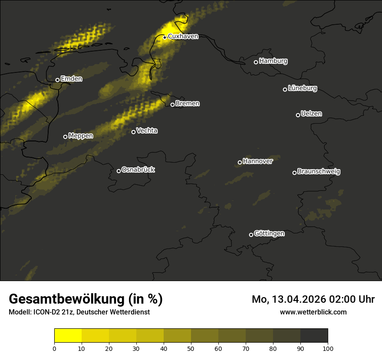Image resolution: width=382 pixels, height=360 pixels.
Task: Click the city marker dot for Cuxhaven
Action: click(165, 37)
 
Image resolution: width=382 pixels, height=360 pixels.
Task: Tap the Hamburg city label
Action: click(273, 61)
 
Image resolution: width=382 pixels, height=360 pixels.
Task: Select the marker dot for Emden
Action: click(57, 80)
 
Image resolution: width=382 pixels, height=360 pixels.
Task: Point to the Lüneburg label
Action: click(302, 88)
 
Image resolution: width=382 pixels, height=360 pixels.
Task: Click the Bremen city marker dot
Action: click(172, 105)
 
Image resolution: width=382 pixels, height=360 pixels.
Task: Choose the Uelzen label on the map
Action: click(311, 114)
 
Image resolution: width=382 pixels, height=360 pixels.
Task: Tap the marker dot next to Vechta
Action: click(133, 132)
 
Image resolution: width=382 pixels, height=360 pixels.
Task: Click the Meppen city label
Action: click(81, 136)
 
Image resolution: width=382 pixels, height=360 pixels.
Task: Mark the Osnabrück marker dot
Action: click(119, 171)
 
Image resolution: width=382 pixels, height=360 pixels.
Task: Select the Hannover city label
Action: click(258, 161)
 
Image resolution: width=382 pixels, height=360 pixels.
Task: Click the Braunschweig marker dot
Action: click(294, 173)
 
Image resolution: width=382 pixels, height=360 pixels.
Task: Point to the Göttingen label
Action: click(269, 234)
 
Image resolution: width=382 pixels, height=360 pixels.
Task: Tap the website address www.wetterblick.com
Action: click(313, 312)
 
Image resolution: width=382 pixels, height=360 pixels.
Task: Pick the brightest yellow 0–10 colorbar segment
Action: click(68, 336)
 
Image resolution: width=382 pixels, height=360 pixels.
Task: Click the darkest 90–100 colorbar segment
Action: click(314, 336)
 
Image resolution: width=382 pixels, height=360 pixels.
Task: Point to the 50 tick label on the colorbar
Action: click(191, 348)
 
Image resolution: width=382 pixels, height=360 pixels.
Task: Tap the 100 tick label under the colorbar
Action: click(328, 348)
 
